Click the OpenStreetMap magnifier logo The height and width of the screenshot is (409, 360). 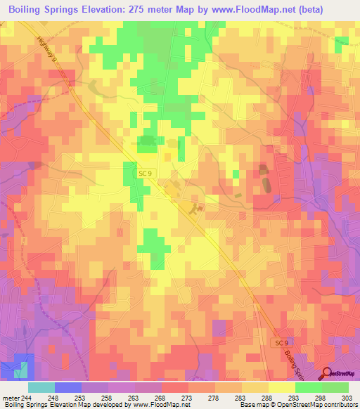(327, 373)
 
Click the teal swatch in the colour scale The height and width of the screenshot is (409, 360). (41, 387)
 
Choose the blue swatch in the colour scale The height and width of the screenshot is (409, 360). (67, 387)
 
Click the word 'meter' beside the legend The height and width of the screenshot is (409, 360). (11, 397)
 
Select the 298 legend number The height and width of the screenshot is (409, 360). (321, 397)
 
